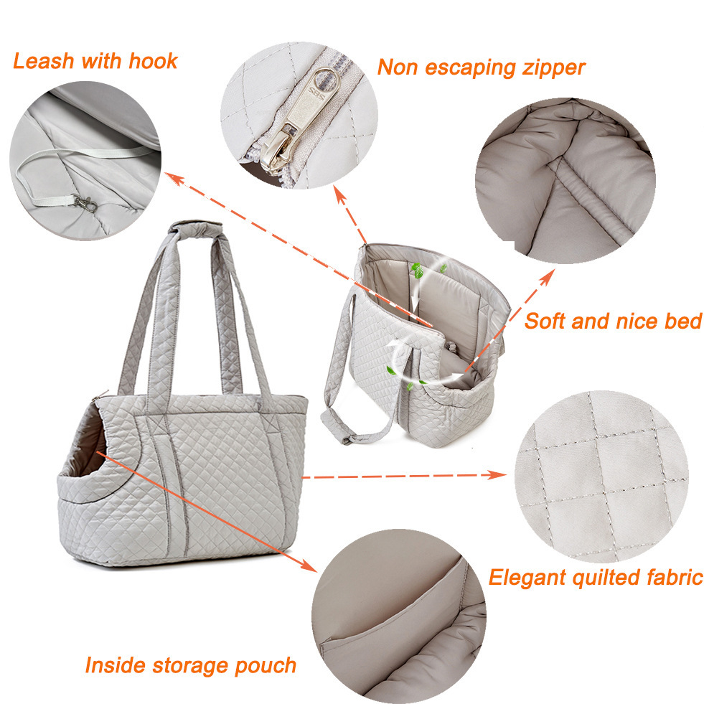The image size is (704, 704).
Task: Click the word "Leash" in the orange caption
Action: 43,60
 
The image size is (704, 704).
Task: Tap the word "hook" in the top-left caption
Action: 153,60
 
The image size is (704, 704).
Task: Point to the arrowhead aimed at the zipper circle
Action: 340,194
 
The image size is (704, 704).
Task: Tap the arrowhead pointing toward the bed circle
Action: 547,277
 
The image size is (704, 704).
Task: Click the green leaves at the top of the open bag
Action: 418,271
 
